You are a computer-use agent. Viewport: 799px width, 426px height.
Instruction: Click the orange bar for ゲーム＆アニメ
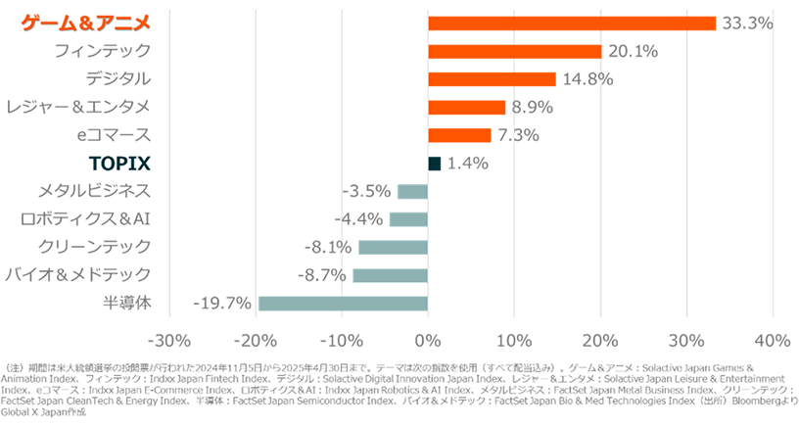pyautogui.click(x=572, y=24)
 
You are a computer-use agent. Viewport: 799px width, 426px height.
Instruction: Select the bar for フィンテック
pyautogui.click(x=515, y=51)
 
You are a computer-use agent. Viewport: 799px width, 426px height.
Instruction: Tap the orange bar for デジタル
pyautogui.click(x=492, y=79)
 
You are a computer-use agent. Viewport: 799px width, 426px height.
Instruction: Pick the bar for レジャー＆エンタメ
pyautogui.click(x=466, y=107)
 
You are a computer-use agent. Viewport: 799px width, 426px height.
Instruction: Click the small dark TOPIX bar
pyautogui.click(x=435, y=163)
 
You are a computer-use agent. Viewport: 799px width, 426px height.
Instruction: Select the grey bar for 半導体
pyautogui.click(x=343, y=303)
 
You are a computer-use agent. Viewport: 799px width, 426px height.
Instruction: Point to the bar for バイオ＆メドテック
pyautogui.click(x=390, y=275)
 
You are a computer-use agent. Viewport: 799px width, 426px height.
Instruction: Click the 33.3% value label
pyautogui.click(x=746, y=24)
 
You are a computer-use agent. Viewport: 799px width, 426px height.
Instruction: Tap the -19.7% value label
pyautogui.click(x=224, y=304)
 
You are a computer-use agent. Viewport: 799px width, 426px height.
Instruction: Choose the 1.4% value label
pyautogui.click(x=467, y=164)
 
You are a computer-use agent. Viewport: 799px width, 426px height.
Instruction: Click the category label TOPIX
pyautogui.click(x=117, y=164)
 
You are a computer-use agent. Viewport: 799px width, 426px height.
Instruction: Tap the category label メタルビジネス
pyautogui.click(x=94, y=191)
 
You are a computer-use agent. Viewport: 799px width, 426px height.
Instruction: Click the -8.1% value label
pyautogui.click(x=329, y=248)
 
